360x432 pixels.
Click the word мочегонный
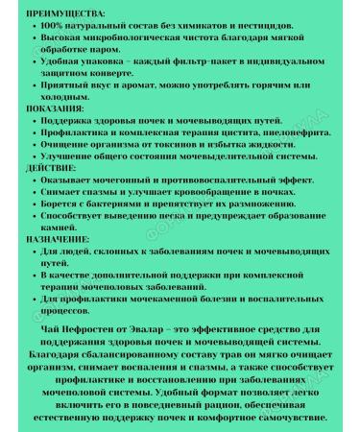(127, 180)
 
